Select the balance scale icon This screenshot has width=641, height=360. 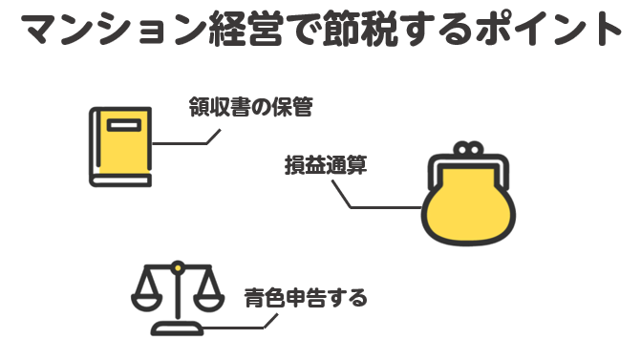(177, 295)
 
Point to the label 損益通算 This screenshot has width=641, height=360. (326, 163)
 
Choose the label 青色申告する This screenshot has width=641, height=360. (305, 298)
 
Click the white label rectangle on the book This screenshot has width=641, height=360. (123, 125)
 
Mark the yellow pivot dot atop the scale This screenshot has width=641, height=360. (177, 270)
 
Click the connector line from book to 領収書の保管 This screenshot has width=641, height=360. (186, 143)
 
